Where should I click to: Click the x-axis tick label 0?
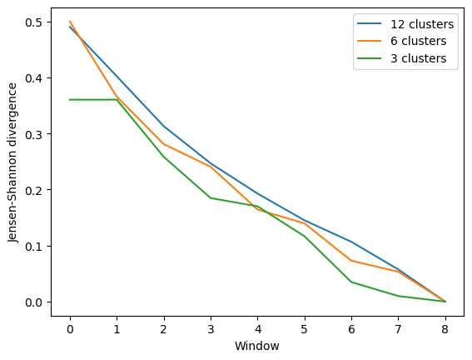70,326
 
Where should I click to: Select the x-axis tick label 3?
211,326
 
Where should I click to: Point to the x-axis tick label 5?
305,326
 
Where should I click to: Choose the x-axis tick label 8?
445,326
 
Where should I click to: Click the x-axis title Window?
257,345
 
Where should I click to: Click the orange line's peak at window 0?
70,22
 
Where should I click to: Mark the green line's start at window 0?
70,100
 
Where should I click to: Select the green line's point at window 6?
351,282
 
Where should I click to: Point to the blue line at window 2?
164,127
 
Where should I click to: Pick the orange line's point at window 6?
351,261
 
